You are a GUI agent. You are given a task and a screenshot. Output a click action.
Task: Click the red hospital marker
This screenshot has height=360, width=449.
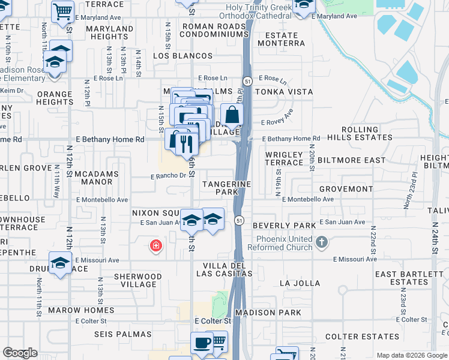tap(155, 245)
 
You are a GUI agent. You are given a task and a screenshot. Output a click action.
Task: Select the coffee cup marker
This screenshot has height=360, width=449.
tap(202, 344)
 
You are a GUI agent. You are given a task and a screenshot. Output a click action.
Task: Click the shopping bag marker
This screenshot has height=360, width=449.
tap(231, 115)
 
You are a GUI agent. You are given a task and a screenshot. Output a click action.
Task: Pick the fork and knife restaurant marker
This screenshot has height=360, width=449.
tap(181, 142)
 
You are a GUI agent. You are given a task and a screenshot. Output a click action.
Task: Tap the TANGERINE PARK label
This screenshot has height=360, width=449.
tap(226, 188)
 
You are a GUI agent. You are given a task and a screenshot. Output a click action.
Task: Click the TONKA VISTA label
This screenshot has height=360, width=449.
tap(284, 92)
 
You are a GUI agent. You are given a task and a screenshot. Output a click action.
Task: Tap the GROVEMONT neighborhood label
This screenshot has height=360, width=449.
tap(346, 189)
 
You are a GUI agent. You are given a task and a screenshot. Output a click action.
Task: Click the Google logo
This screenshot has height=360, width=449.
tap(20, 353)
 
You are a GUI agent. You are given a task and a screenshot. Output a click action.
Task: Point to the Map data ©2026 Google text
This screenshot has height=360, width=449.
tap(411, 355)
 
